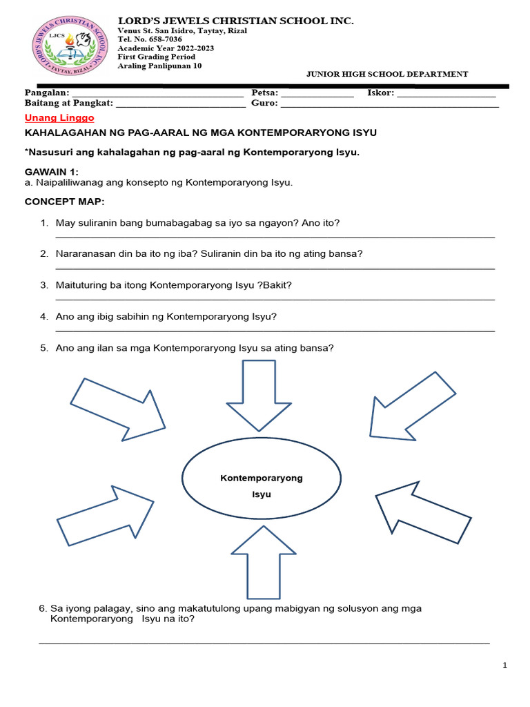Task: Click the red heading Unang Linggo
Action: coord(59,118)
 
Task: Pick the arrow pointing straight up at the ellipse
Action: coord(258,561)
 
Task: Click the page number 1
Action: coord(505,666)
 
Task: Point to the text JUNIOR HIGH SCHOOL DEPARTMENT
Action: coord(386,74)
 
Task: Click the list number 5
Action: coord(43,348)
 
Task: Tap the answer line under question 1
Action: coord(275,238)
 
